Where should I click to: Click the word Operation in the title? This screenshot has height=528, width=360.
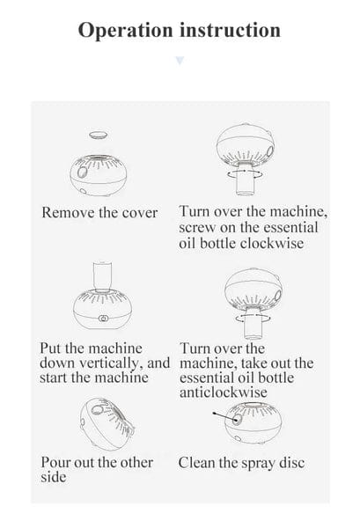pos(125,30)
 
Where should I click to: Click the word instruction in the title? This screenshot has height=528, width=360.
pos(230,30)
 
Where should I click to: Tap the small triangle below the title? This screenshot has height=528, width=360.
pos(180,61)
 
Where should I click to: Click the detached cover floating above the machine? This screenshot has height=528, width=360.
pos(99,135)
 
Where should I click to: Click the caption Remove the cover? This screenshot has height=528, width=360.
pos(99,213)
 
